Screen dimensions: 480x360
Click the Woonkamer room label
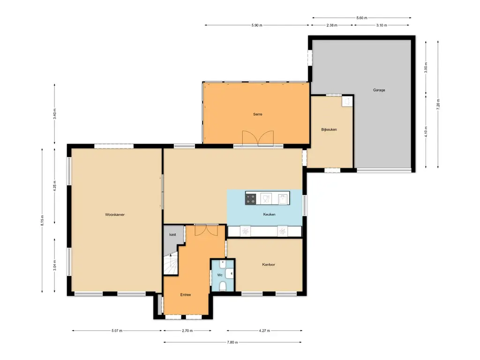point(115,215)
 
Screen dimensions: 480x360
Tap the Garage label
point(379,90)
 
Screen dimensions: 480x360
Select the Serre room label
point(257,114)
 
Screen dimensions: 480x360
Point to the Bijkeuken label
point(329,129)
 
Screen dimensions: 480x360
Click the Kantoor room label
point(269,264)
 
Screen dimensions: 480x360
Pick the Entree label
point(186,295)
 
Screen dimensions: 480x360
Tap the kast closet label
point(172,234)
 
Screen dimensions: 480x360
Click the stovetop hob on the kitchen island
point(250,199)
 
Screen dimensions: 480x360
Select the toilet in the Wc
point(223,286)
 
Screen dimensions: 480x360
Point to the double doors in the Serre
point(258,138)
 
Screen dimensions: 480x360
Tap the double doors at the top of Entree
point(206,230)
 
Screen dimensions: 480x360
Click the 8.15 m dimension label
point(42,220)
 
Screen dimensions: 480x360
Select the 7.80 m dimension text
point(232,342)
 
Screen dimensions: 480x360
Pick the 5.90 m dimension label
point(257,25)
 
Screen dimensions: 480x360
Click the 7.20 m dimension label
point(438,105)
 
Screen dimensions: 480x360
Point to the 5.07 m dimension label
point(117,330)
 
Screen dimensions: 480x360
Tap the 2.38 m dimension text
point(332,25)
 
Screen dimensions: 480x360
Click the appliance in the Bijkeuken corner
point(347,101)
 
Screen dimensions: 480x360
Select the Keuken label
point(269,214)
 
